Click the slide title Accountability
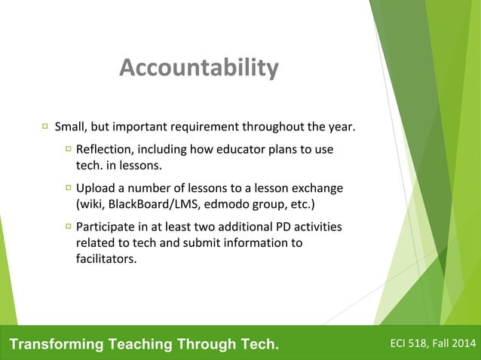pos(198,69)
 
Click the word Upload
pos(94,188)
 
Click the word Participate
pos(106,227)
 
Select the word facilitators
pos(106,259)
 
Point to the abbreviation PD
pos(283,227)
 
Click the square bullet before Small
pos(45,125)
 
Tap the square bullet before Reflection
pos(68,149)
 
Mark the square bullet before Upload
pos(68,188)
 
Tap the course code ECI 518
pos(408,345)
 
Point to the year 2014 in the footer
pos(464,345)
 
